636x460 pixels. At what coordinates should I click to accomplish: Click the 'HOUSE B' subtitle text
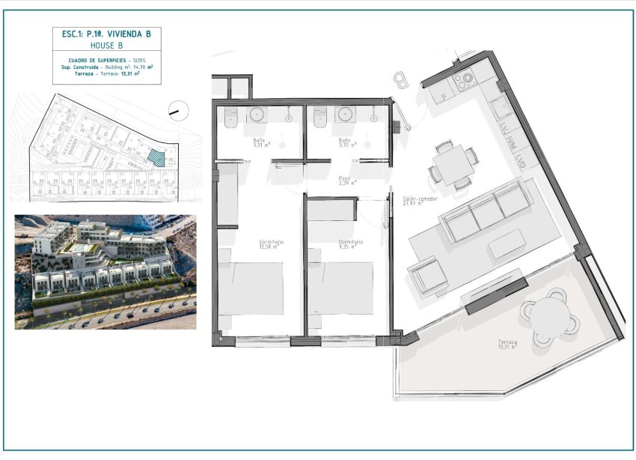point(106,45)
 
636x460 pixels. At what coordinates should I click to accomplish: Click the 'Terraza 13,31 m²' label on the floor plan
point(507,345)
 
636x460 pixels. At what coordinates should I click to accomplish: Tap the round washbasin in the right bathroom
point(346,114)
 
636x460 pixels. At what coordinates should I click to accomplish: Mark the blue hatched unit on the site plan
point(155,157)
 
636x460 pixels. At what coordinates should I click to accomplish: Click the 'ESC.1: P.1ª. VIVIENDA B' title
point(106,34)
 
